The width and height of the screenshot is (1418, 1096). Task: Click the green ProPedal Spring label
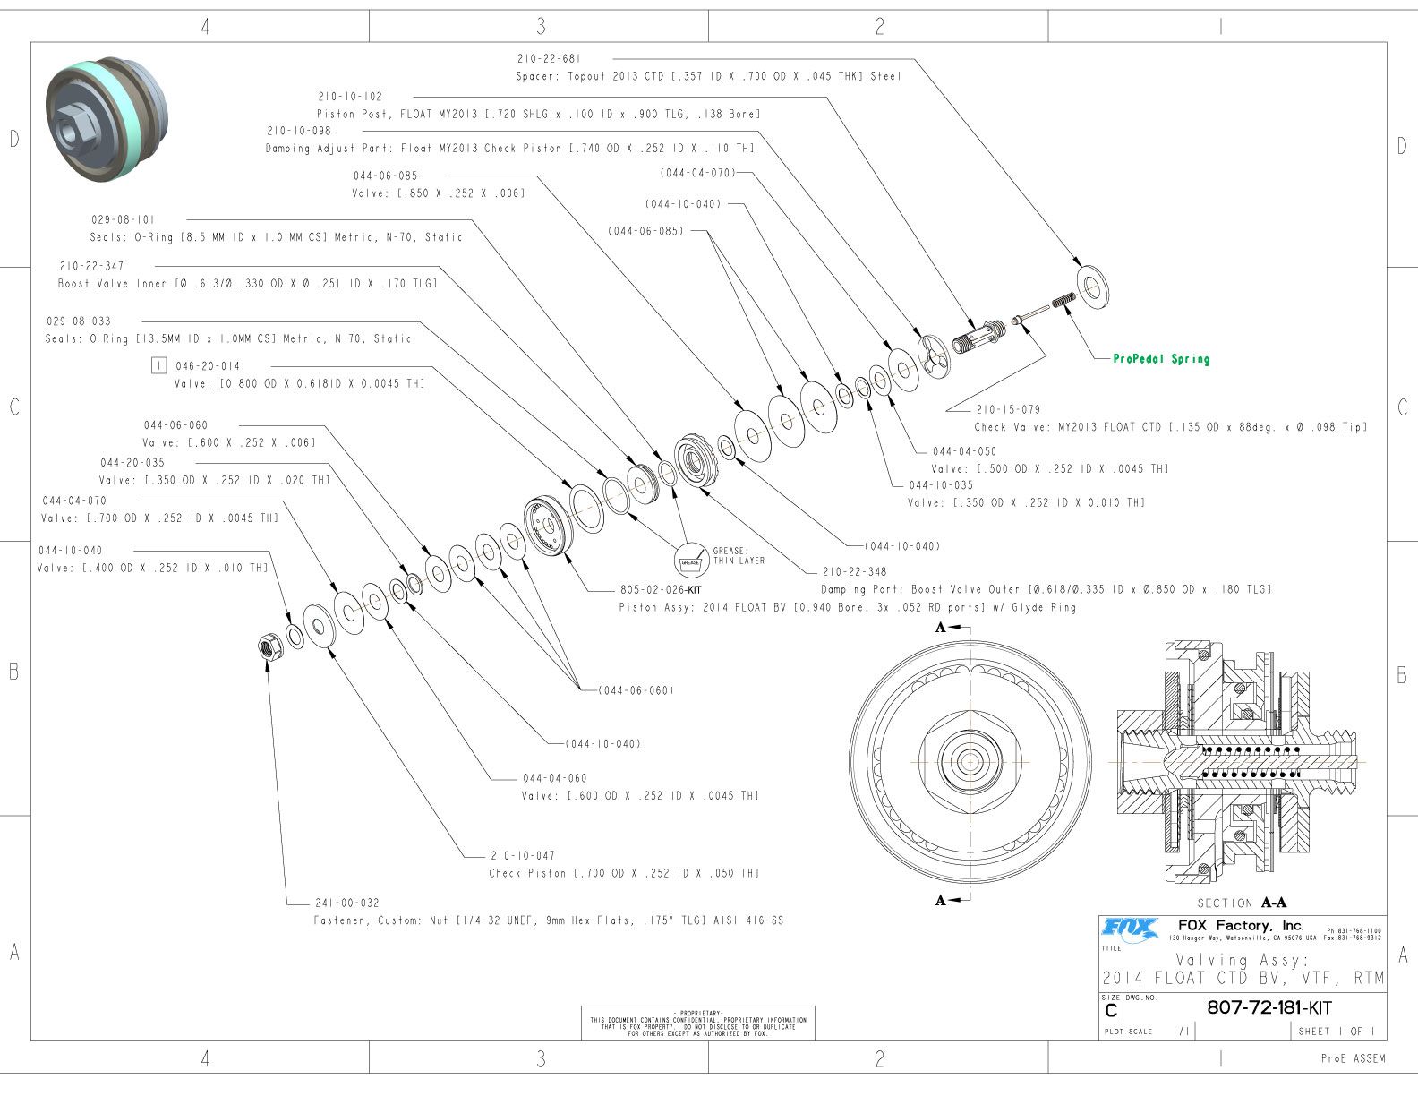pos(1161,359)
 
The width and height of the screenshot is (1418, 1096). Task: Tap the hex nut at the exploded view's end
pos(267,646)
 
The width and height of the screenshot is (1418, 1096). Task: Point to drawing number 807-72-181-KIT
pos(1269,1006)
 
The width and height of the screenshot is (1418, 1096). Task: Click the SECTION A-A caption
pos(1241,903)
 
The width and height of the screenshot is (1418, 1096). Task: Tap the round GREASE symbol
pos(690,561)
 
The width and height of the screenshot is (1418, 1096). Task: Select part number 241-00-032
pos(347,903)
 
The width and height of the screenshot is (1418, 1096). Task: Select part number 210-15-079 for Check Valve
pos(1008,409)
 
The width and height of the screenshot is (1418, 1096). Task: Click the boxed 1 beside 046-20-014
pos(159,365)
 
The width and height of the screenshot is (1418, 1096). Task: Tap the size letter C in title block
pos(1111,1011)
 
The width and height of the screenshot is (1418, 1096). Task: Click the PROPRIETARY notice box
pos(698,1023)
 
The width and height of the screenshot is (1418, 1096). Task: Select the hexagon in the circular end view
pos(970,761)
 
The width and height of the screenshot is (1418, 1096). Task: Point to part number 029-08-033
pos(79,321)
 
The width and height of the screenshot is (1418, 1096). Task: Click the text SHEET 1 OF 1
pos(1336,1032)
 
